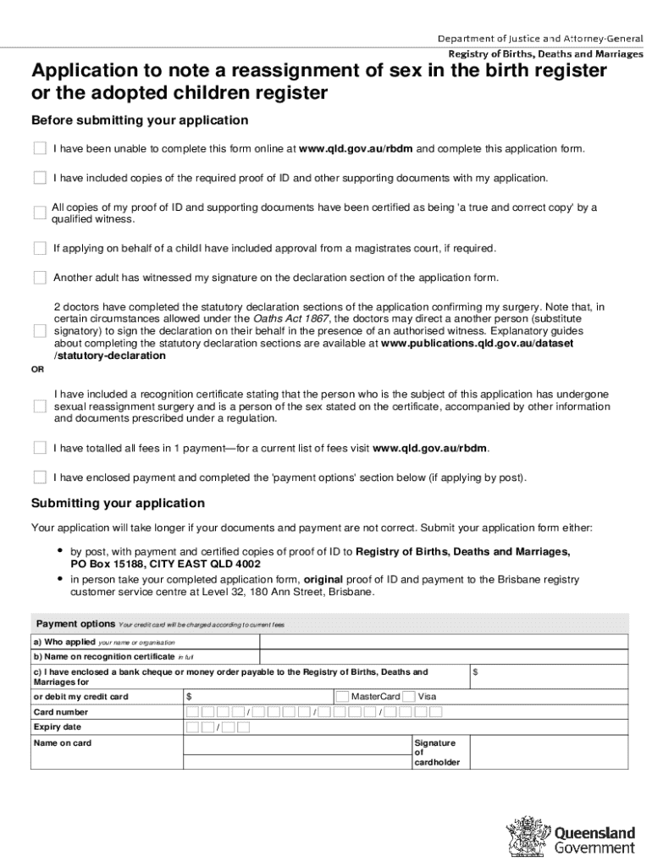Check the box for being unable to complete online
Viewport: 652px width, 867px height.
click(40, 149)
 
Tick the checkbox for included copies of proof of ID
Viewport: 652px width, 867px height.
click(40, 178)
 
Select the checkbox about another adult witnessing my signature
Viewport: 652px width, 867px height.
click(40, 278)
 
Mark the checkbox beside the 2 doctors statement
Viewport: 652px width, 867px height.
click(40, 331)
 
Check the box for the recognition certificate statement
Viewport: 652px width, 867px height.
click(40, 406)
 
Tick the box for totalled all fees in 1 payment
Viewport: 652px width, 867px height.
click(40, 448)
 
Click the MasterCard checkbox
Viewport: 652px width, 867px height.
click(342, 696)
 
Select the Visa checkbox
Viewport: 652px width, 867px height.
click(408, 696)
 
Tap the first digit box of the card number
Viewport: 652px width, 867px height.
click(192, 712)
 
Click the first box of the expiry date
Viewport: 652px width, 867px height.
click(192, 727)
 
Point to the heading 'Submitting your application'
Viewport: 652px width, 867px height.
click(118, 503)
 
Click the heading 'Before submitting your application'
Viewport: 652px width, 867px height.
click(140, 120)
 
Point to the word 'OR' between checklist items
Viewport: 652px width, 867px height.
click(38, 369)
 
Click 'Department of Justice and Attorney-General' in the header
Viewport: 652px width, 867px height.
click(539, 39)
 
